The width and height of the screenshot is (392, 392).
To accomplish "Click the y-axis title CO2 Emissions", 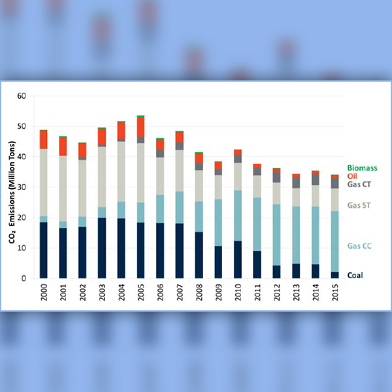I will click(x=12, y=188).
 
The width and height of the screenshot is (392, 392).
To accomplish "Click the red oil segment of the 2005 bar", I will click(x=140, y=127).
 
